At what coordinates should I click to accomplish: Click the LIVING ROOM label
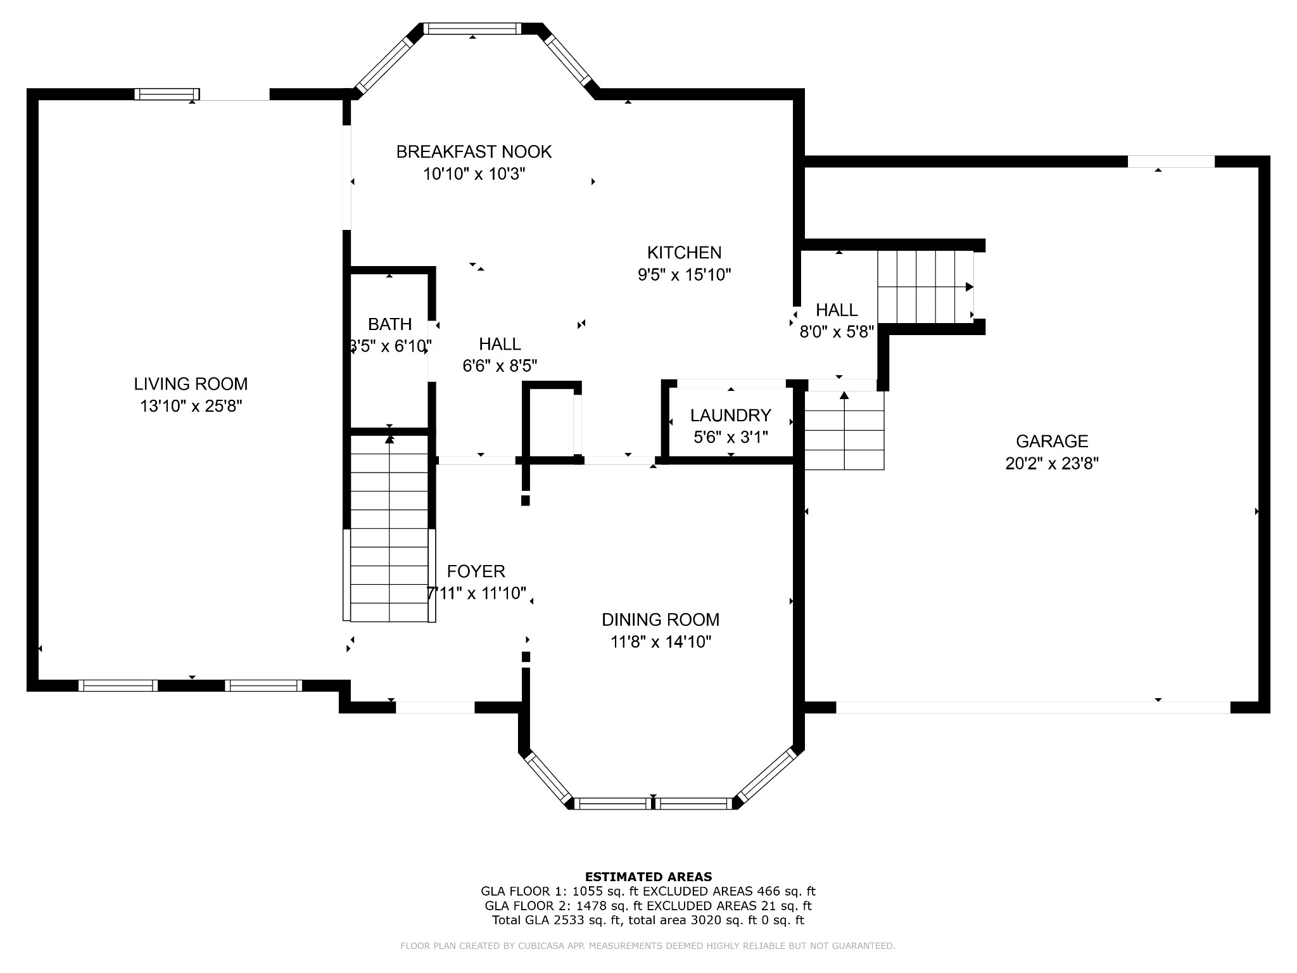[191, 384]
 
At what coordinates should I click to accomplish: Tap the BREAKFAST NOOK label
[474, 152]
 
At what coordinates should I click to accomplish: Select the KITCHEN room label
[684, 253]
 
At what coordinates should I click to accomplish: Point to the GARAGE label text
[1052, 442]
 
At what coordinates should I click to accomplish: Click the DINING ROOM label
[661, 620]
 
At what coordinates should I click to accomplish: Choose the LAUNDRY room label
[730, 416]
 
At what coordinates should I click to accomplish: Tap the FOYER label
[476, 571]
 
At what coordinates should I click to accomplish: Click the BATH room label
[390, 324]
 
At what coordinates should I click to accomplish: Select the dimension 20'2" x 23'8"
[1052, 464]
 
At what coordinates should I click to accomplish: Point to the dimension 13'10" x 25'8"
[191, 406]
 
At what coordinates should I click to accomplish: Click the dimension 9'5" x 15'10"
[684, 275]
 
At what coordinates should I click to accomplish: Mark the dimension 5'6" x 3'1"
[731, 438]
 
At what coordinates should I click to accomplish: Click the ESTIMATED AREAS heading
[648, 877]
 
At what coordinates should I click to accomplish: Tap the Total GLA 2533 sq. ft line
[648, 920]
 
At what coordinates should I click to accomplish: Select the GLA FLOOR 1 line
[648, 891]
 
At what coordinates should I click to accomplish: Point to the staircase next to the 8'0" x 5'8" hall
[925, 286]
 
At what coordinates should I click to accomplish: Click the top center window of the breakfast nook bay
[472, 29]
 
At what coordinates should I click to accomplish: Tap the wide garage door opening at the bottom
[1033, 708]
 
